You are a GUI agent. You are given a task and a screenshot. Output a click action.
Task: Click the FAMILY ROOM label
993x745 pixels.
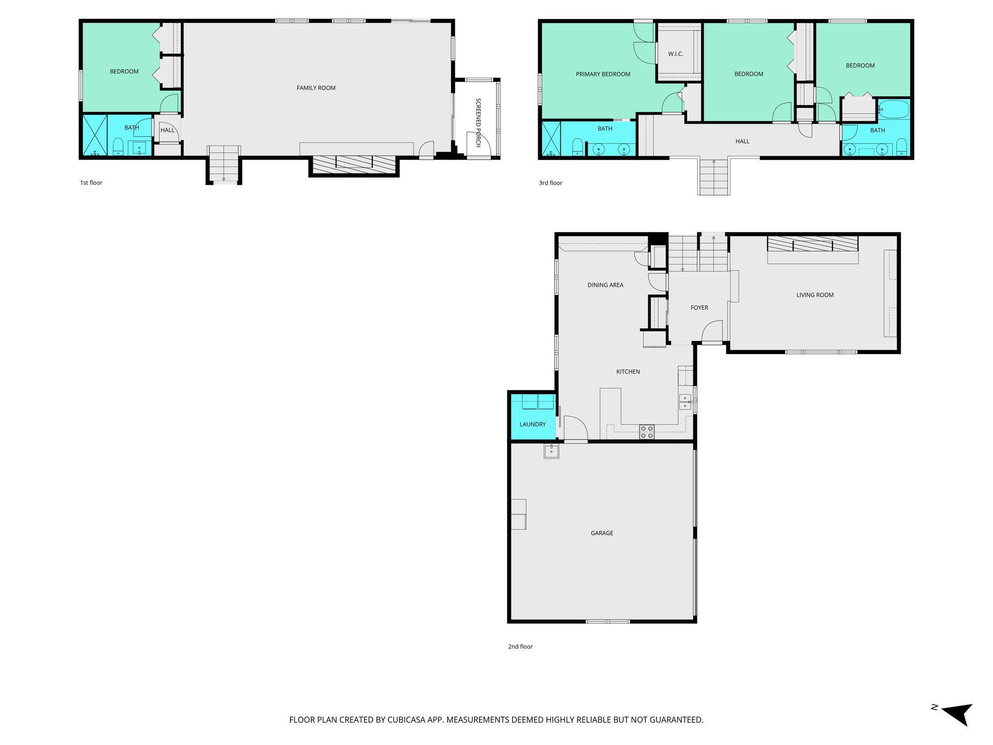pos(316,88)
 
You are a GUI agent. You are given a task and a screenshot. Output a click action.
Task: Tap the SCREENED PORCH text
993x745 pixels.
pos(478,122)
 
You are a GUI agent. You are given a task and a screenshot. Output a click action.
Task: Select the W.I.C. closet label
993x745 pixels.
pos(675,54)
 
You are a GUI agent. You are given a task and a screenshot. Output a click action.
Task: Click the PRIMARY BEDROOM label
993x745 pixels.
pos(603,74)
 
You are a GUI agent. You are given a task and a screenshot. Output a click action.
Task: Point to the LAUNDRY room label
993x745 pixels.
pos(532,424)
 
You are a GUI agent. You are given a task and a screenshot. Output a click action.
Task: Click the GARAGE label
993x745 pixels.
pos(602,533)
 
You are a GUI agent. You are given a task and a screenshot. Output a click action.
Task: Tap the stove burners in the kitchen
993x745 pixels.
pos(647,432)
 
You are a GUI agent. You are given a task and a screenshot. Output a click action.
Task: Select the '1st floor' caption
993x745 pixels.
pos(91,183)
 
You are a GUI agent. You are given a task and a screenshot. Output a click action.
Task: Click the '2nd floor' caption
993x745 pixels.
pos(520,647)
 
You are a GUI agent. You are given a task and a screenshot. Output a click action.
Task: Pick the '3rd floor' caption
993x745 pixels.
pos(550,183)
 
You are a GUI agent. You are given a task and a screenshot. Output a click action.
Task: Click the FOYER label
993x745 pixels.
pos(699,308)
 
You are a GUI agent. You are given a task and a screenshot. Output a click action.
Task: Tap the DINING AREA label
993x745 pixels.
pos(605,285)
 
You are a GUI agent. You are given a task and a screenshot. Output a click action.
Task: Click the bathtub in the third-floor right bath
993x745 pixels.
pos(894,110)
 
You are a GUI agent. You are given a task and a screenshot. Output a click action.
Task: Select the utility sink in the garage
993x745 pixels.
pos(551,451)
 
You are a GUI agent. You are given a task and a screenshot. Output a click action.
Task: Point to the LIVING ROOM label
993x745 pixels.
pos(815,295)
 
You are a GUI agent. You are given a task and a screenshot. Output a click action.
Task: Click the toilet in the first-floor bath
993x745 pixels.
pos(118,146)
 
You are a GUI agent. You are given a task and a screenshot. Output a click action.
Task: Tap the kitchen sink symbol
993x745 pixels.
pos(685,402)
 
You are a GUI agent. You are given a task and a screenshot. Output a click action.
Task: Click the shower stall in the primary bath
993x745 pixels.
pos(551,139)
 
